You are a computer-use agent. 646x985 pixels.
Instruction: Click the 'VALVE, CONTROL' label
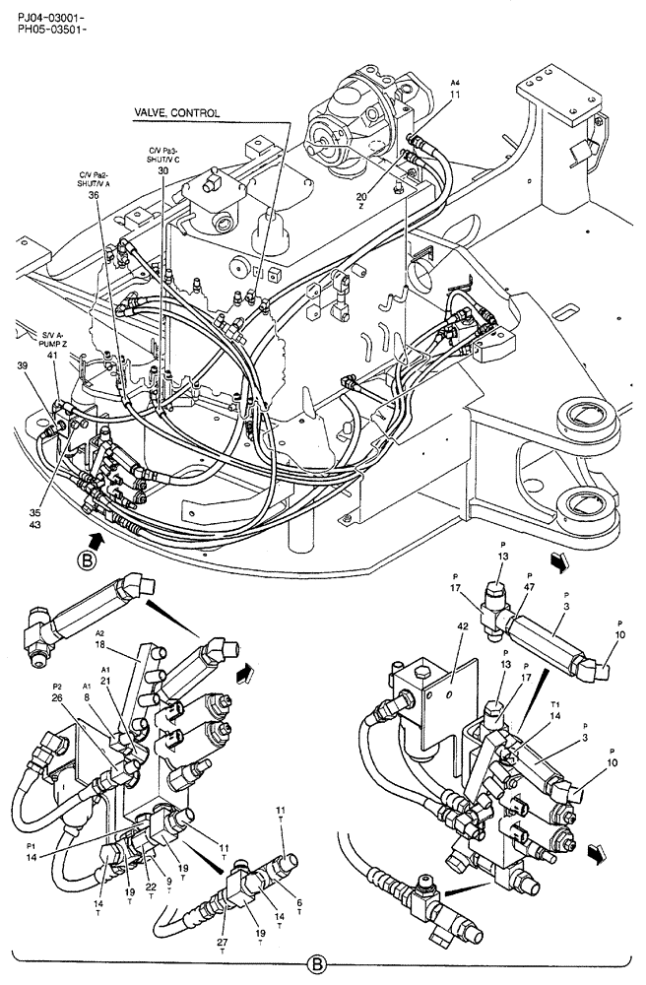[x=177, y=113]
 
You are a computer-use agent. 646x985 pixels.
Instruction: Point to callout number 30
[x=162, y=170]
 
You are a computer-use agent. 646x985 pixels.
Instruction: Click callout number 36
[x=94, y=194]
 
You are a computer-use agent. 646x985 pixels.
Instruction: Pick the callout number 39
[x=23, y=366]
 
